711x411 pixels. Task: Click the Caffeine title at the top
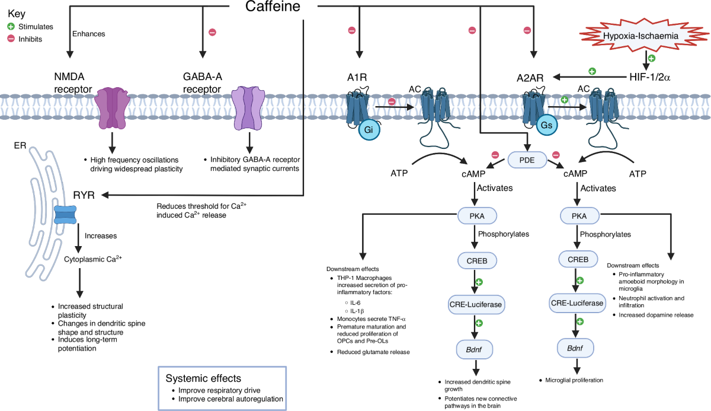click(272, 7)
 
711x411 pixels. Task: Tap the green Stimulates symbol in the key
click(11, 27)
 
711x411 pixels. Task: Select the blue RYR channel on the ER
click(65, 215)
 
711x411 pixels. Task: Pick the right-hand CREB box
click(578, 259)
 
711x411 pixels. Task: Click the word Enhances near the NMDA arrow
click(88, 34)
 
